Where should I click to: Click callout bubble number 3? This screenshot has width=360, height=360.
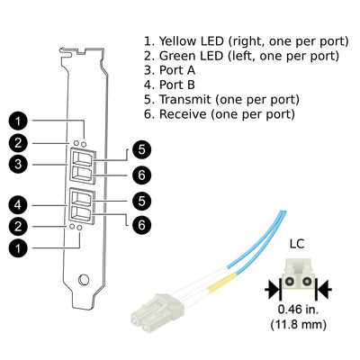coord(18,164)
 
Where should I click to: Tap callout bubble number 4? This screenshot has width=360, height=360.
coord(18,205)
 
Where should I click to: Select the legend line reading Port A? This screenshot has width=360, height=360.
coord(170,70)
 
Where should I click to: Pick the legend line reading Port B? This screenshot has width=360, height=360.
coord(170,85)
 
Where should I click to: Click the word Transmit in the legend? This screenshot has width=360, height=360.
coord(185,100)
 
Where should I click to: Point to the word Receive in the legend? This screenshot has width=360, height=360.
coord(183,114)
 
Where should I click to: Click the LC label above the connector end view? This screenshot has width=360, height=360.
coord(297,244)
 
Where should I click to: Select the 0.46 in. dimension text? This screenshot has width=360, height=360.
coord(298,310)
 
